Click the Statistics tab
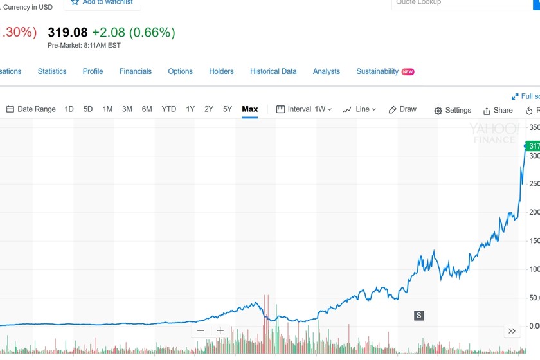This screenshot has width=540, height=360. [52, 71]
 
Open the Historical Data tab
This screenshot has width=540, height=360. [273, 71]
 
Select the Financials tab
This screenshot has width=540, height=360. [136, 71]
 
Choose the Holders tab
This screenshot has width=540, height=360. [221, 71]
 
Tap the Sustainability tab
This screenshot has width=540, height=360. [378, 71]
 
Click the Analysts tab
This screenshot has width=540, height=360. [327, 71]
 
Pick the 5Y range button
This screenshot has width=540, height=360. [228, 109]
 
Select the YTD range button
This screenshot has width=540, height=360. [168, 109]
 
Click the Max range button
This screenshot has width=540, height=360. [250, 109]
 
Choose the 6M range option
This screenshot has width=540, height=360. [147, 109]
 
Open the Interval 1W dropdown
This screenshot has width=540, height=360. [304, 109]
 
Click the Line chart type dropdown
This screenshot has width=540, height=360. [359, 109]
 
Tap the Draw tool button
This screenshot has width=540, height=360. [402, 109]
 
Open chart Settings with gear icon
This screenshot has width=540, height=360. [453, 111]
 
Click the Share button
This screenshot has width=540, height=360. [498, 111]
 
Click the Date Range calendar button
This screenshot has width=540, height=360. [31, 109]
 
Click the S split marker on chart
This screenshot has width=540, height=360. [419, 315]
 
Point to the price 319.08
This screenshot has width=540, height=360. [67, 32]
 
